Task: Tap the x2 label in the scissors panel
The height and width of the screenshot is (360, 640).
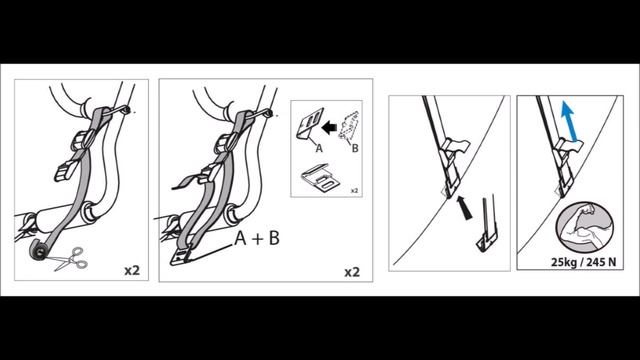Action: (x=132, y=270)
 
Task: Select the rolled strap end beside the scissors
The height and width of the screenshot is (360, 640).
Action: (x=39, y=251)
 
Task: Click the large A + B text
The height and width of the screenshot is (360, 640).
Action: (x=257, y=238)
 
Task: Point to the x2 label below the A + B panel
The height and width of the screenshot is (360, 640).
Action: (x=352, y=272)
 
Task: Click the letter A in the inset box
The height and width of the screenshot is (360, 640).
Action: (x=319, y=148)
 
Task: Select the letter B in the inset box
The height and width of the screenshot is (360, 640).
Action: (x=355, y=148)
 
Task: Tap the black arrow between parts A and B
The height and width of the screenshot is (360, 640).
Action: (x=329, y=128)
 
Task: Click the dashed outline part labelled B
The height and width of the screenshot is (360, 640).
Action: (x=349, y=127)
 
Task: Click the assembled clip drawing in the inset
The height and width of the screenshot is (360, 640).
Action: (x=320, y=178)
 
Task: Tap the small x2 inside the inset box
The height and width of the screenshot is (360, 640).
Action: (x=354, y=191)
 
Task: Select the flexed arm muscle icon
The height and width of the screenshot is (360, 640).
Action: (x=584, y=227)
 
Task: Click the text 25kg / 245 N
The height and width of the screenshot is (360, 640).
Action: (x=584, y=262)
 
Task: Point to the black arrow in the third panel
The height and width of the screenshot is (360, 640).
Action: (x=463, y=208)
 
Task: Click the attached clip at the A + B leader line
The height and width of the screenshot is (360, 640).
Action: (x=180, y=257)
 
